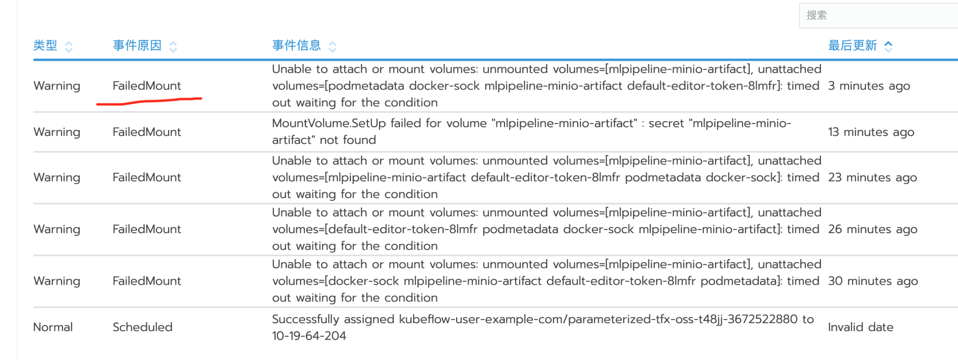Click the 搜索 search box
pos(875,16)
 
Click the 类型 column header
pos(45,45)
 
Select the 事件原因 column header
pos(137,45)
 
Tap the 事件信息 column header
pos(297,45)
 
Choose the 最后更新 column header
pos(852,45)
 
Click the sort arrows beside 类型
pos(69,47)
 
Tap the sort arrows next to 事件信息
pos(333,47)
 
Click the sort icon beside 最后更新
pos(888,47)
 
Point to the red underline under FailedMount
pos(149,101)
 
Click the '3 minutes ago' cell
pos(869,86)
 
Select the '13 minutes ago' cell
pos(871,132)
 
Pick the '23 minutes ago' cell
pos(872,178)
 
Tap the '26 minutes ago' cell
pos(873,229)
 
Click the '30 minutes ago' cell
pos(873,281)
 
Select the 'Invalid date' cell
pos(860,327)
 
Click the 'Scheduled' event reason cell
pos(142,327)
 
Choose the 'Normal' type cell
pos(53,327)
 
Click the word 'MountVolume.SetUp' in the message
pos(329,124)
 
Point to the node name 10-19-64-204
pos(309,336)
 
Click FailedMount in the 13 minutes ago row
pos(146,132)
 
